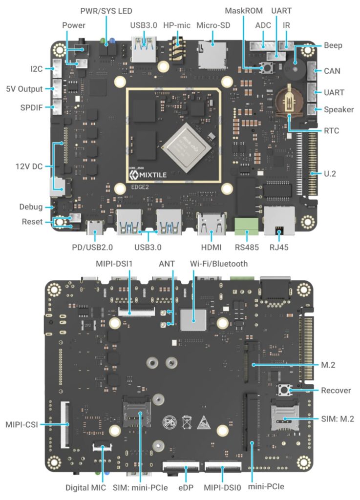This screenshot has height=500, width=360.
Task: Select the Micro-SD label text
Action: pyautogui.click(x=212, y=25)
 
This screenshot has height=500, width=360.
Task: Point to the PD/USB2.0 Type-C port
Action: pyautogui.click(x=93, y=227)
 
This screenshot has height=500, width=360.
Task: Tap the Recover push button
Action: pyautogui.click(x=283, y=390)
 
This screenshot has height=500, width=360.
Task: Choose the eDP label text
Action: pyautogui.click(x=186, y=487)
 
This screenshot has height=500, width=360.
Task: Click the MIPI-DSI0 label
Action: pyautogui.click(x=223, y=487)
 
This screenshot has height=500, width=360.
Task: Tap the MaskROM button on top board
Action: pyautogui.click(x=267, y=69)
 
